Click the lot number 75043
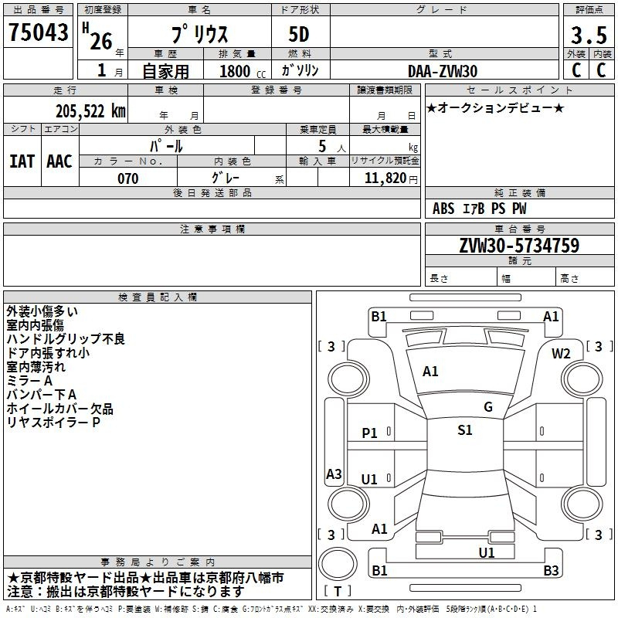pyautogui.click(x=38, y=32)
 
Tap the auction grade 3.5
pyautogui.click(x=589, y=35)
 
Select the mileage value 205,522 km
pyautogui.click(x=90, y=111)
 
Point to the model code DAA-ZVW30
pyautogui.click(x=443, y=71)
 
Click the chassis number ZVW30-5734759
pyautogui.click(x=519, y=245)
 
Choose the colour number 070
pyautogui.click(x=128, y=178)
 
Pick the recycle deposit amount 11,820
pyautogui.click(x=385, y=178)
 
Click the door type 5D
pyautogui.click(x=299, y=35)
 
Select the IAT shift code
pyautogui.click(x=22, y=161)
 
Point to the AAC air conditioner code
pyautogui.click(x=59, y=161)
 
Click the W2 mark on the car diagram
pyautogui.click(x=561, y=354)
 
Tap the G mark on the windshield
pyautogui.click(x=488, y=407)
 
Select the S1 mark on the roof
pyautogui.click(x=465, y=430)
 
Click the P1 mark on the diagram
pyautogui.click(x=369, y=433)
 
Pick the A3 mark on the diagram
pyautogui.click(x=334, y=474)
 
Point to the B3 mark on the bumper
pyautogui.click(x=551, y=570)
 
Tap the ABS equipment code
pyautogui.click(x=443, y=209)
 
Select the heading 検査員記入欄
pyautogui.click(x=158, y=297)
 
